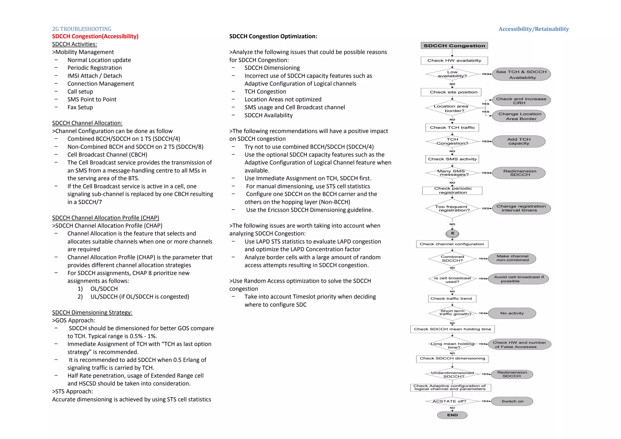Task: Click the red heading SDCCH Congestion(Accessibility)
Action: (x=95, y=36)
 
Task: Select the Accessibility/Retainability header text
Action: (x=533, y=29)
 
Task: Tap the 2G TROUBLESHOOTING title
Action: (x=82, y=29)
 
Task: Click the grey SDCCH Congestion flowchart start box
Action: (x=454, y=46)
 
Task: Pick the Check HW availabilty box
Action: (x=454, y=61)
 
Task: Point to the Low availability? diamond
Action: (x=452, y=74)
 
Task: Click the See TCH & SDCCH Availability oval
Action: (x=521, y=75)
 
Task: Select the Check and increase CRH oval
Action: (x=521, y=100)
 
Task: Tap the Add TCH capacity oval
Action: (x=519, y=141)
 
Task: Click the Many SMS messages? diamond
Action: (x=452, y=173)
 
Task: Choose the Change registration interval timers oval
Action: (x=521, y=208)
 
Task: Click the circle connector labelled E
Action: (x=452, y=234)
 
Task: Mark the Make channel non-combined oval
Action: (x=512, y=258)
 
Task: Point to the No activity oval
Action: (x=512, y=313)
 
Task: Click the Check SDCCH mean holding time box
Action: (x=452, y=329)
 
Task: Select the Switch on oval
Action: (x=512, y=401)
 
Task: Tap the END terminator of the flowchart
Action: (x=452, y=415)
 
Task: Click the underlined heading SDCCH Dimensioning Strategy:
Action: (x=92, y=312)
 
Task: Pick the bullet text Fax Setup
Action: (x=80, y=107)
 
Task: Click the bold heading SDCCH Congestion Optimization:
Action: (x=273, y=36)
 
